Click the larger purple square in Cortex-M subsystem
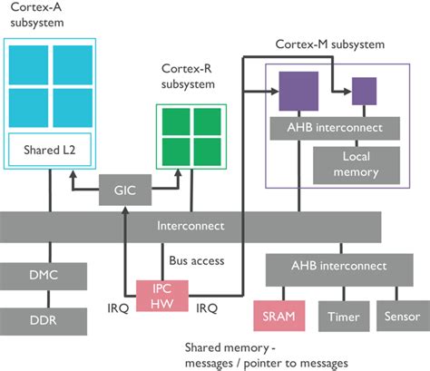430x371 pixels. pos(298,92)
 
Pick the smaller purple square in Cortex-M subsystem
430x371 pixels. pos(364,91)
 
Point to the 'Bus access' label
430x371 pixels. pos(196,261)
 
